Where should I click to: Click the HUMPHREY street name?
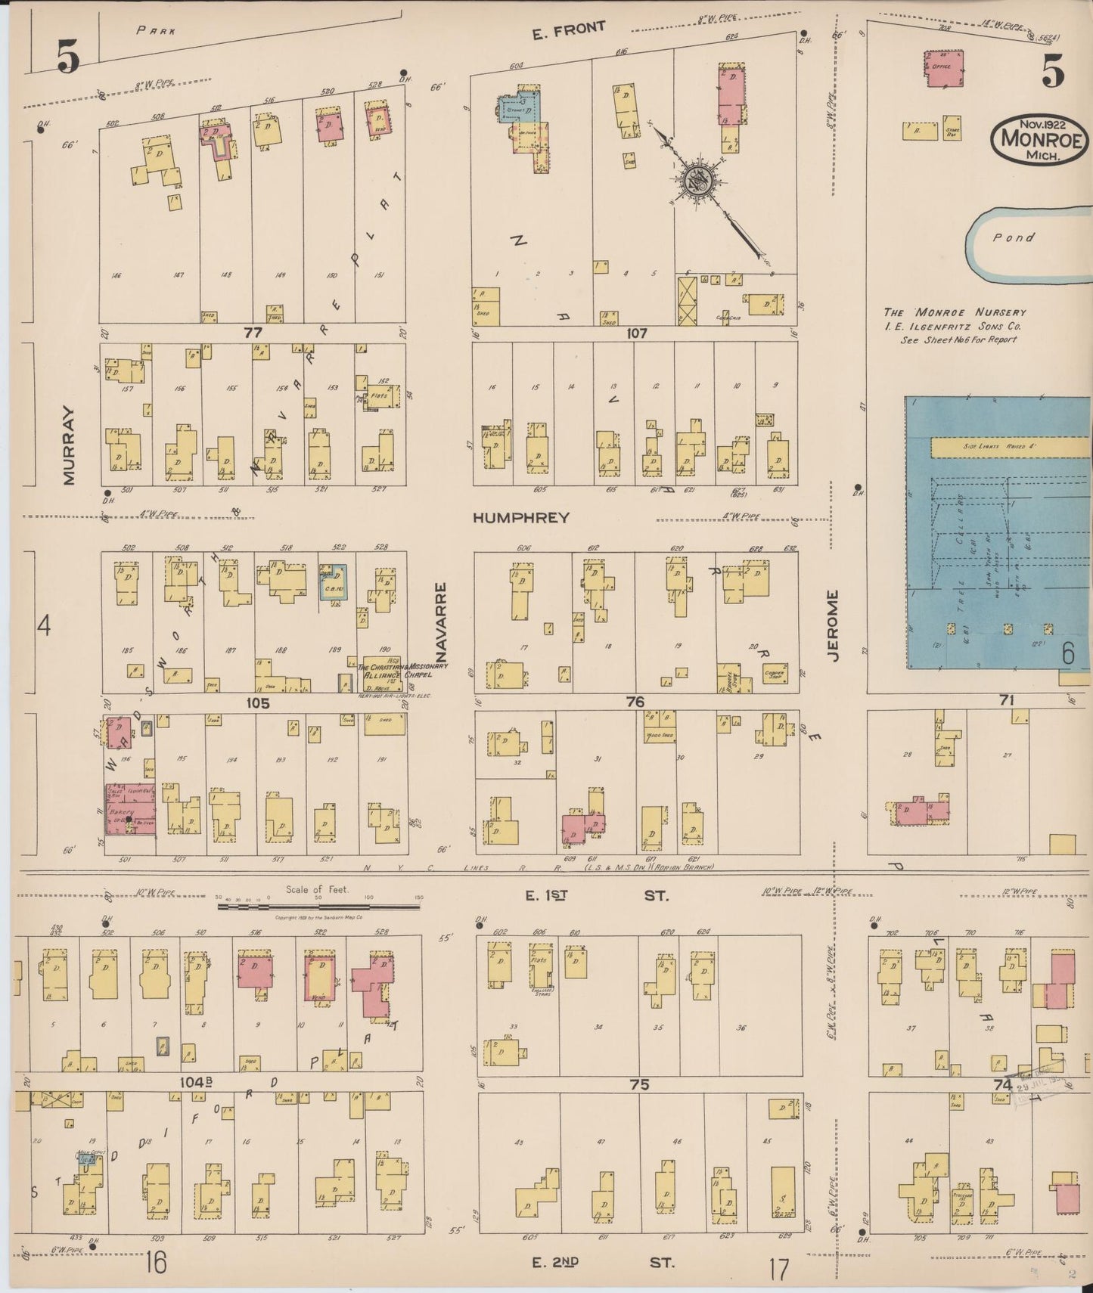[x=520, y=518]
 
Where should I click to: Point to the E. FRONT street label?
[x=569, y=29]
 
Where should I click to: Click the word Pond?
[x=1014, y=237]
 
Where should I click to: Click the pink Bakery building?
[x=130, y=809]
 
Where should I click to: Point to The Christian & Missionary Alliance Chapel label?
[x=402, y=671]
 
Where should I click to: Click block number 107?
[x=637, y=333]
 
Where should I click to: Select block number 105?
[x=257, y=703]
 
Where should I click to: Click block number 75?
[x=639, y=1084]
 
